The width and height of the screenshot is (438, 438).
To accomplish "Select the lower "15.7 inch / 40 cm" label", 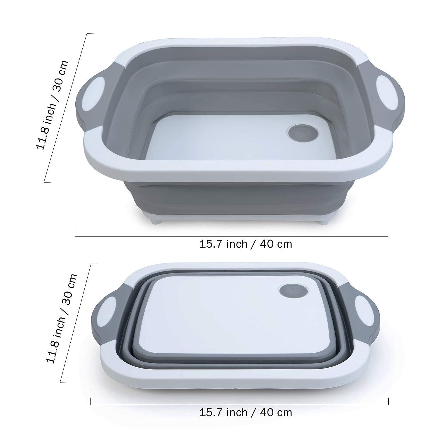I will point(246,412).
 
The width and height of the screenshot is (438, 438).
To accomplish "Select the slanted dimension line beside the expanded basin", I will point(69,108).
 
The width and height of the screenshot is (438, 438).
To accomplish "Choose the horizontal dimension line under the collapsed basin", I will point(239,405).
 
